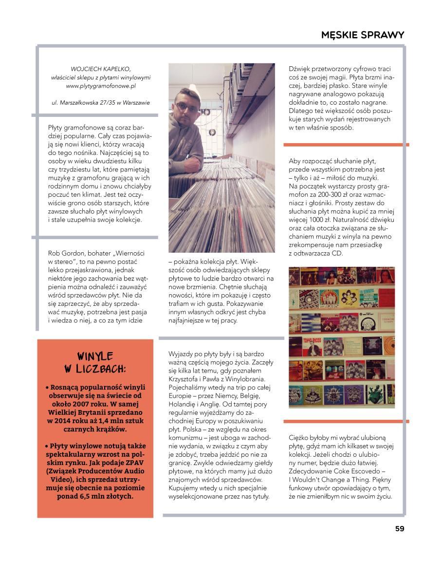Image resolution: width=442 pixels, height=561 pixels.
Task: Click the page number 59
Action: pyautogui.click(x=399, y=529)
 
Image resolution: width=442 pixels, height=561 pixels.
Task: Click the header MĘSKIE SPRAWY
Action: pyautogui.click(x=363, y=35)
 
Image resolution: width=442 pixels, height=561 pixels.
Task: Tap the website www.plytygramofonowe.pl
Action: pyautogui.click(x=101, y=86)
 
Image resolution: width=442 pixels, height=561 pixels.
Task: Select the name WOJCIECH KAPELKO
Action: pyautogui.click(x=101, y=69)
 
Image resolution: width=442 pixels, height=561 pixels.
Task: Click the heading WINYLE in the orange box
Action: pyautogui.click(x=95, y=356)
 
